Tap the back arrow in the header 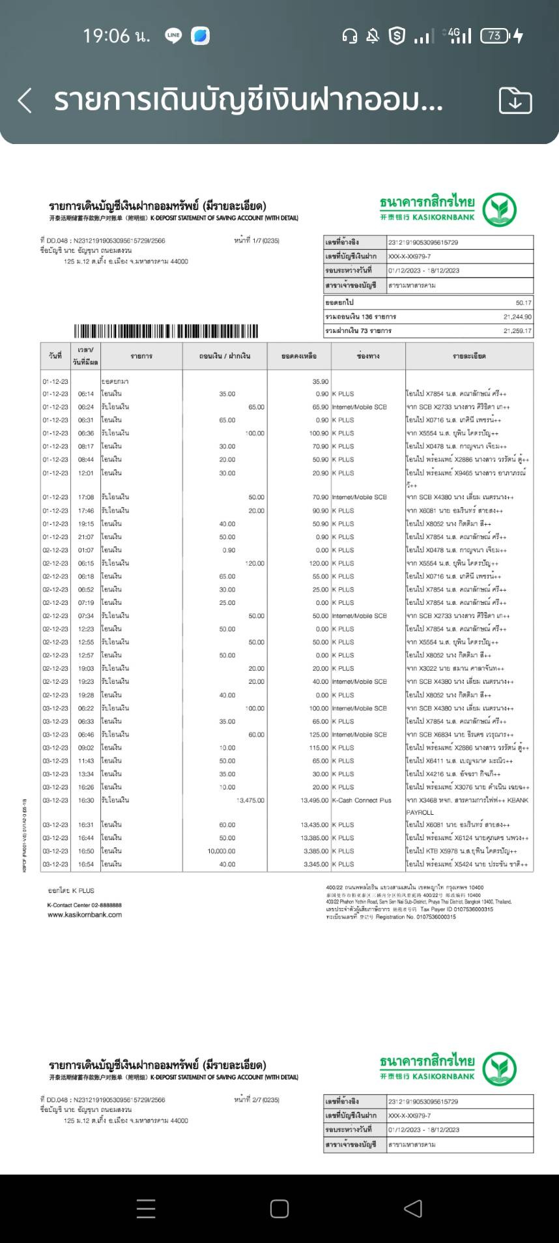coord(25,101)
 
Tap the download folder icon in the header coord(515,101)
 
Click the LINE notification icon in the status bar coord(173,36)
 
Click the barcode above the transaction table coord(166,331)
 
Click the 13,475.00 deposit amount coord(250,800)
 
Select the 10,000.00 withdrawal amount coord(222,851)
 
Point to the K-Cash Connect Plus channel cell coord(362,800)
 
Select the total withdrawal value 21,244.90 coord(517,317)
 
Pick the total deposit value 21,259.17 coord(517,331)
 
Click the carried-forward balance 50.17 coord(523,303)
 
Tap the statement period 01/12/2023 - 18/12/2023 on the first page coord(424,271)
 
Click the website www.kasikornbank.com coord(85,914)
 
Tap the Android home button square coord(279,1209)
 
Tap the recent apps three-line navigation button coord(146,1209)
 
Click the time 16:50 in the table coord(86,851)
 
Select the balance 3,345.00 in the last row coord(316,864)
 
